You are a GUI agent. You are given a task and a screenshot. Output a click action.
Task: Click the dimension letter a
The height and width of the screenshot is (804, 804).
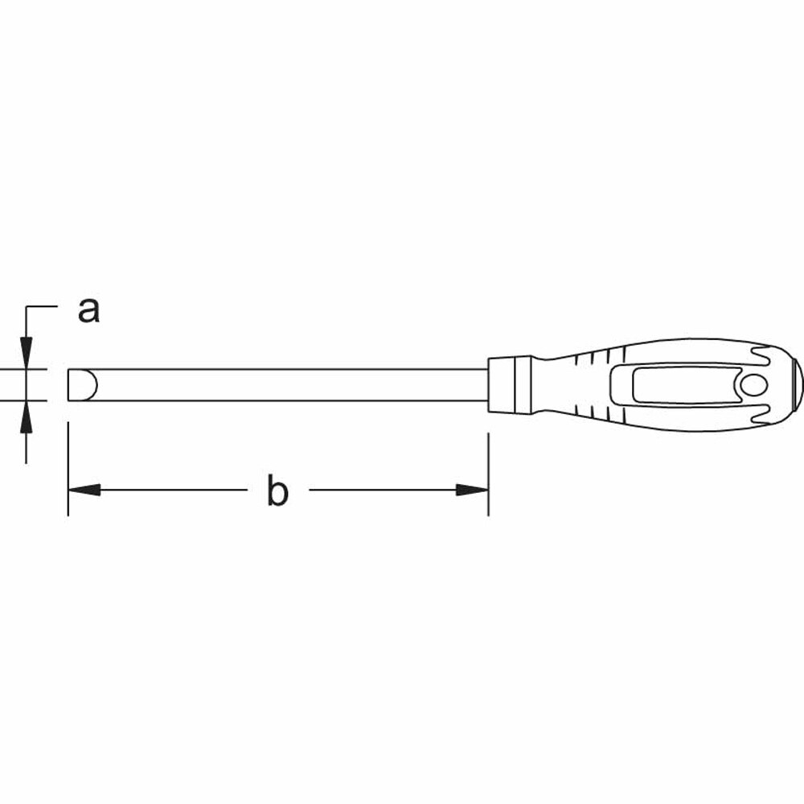(88, 310)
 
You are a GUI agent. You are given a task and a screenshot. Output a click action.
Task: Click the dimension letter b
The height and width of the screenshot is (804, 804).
(277, 491)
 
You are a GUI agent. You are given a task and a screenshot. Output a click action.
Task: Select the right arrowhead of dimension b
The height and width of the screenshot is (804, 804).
(473, 490)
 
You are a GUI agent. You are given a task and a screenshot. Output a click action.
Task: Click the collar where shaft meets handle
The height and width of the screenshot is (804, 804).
(508, 384)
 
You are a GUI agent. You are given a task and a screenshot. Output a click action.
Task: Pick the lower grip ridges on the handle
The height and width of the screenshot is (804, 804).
(599, 412)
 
